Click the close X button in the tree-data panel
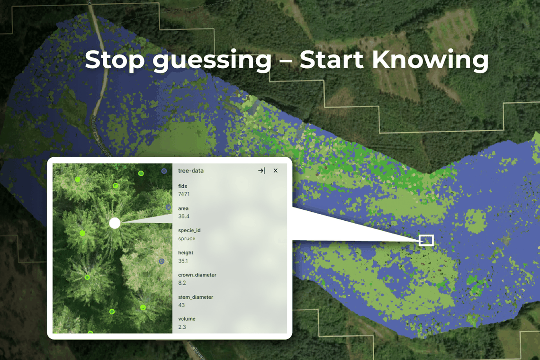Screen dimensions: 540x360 (276, 171)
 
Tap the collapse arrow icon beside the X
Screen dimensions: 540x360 (261, 171)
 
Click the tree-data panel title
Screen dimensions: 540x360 (191, 171)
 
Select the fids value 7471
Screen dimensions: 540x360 (184, 194)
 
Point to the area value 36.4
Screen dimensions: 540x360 (184, 216)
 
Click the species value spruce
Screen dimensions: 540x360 (187, 238)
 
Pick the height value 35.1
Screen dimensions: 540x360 (183, 261)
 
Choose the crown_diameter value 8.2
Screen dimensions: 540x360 (182, 283)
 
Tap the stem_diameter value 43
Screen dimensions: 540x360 (181, 305)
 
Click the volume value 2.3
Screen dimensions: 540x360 (182, 327)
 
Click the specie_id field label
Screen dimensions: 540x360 (189, 231)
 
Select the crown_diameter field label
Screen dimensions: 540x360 (198, 275)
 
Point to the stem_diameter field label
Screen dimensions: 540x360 (196, 297)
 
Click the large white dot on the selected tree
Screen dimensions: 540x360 (115, 223)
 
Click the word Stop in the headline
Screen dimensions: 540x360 (115, 60)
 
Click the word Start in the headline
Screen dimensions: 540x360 (332, 60)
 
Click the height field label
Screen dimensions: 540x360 (186, 253)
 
